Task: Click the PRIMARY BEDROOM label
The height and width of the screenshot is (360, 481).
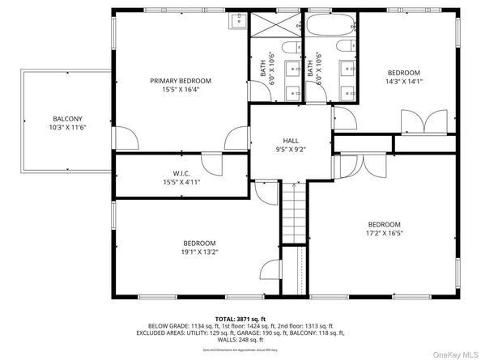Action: (180, 81)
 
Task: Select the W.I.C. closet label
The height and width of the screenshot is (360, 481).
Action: (181, 172)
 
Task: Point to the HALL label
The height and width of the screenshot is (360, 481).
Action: (289, 139)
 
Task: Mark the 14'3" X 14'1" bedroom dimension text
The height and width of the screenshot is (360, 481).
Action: (402, 81)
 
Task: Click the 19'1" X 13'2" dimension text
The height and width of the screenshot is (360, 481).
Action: (198, 252)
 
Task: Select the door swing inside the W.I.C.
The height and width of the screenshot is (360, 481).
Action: (212, 165)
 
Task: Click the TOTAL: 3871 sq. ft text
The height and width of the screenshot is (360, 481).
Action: (240, 320)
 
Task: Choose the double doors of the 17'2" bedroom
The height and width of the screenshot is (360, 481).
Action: (355, 166)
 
